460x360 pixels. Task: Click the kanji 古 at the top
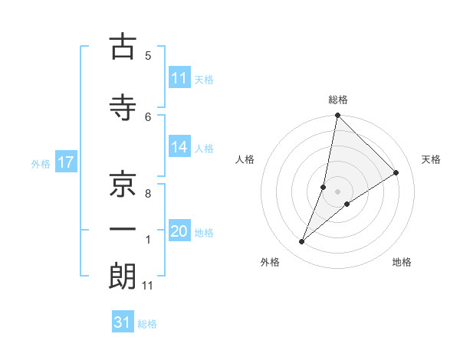(x=122, y=47)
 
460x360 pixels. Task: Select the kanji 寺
(x=122, y=108)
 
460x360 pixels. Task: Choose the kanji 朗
(x=122, y=277)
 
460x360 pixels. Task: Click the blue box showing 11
(x=179, y=78)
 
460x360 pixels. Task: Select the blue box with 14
(x=179, y=148)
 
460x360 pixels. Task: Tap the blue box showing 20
(x=179, y=232)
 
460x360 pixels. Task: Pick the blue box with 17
(x=65, y=162)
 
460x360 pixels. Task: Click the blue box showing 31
(x=123, y=322)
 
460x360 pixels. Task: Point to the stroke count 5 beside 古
(x=148, y=56)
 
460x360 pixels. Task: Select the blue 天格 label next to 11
(x=204, y=79)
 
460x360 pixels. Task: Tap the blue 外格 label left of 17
(x=41, y=163)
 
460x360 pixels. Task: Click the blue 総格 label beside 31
(x=147, y=323)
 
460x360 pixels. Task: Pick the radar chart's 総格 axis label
(x=337, y=100)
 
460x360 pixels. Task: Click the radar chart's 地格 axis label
(x=402, y=262)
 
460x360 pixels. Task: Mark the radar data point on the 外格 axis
(x=302, y=242)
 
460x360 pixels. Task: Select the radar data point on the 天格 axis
(x=396, y=173)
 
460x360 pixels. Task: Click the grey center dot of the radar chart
(x=337, y=191)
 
